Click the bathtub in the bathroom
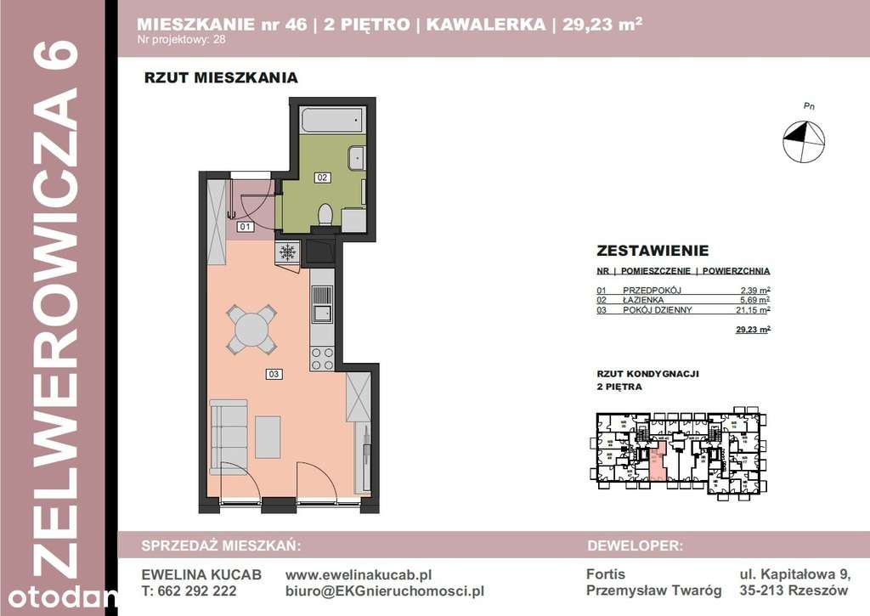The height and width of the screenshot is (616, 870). point(332,120)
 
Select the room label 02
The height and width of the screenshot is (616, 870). point(322,178)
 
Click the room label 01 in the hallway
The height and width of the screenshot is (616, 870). point(245,227)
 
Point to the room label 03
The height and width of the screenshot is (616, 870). point(274,373)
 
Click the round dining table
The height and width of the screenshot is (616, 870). point(251,329)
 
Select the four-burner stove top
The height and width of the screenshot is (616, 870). point(323,359)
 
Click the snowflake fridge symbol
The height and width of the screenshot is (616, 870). point(287,252)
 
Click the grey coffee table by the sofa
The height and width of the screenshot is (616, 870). point(268,437)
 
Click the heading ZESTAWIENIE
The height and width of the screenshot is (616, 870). point(652,251)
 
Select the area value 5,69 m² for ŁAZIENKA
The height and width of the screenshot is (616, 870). point(754,300)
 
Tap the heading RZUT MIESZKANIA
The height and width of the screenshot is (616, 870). point(221,78)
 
